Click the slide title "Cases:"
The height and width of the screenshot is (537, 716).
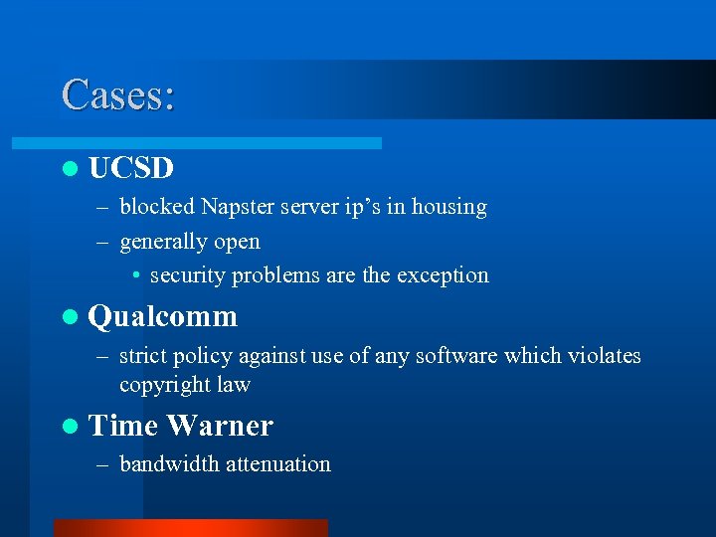[118, 94]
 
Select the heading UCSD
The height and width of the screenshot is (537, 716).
[131, 168]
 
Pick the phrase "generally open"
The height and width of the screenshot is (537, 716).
[190, 242]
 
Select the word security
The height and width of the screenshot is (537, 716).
[188, 275]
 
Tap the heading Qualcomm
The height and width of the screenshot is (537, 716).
[163, 317]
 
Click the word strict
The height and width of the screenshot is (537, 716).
[142, 355]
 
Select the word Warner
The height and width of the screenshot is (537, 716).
[220, 426]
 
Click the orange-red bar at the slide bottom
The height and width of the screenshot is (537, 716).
[190, 528]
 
